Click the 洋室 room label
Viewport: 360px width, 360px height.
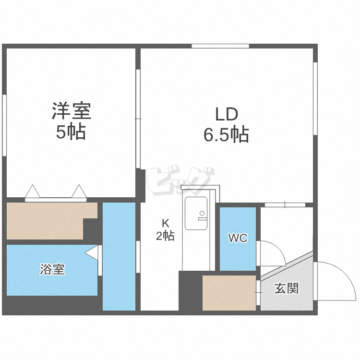(x=72, y=111)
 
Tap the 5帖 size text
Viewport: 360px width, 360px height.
(x=71, y=132)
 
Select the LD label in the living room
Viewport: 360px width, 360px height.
(x=227, y=114)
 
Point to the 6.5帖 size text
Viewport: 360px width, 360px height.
(x=227, y=134)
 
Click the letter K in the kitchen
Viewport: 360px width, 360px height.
(x=165, y=223)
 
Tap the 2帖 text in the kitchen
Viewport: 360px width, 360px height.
(x=165, y=236)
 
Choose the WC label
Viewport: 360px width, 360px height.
(x=238, y=238)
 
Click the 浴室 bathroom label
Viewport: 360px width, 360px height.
(x=53, y=269)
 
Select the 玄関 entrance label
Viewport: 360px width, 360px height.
(x=287, y=288)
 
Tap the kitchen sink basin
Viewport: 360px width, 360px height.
(x=196, y=213)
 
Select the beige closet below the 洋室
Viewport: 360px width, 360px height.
(x=52, y=221)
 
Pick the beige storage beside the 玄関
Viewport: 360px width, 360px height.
(x=229, y=293)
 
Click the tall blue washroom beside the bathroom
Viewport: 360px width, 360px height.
(x=119, y=256)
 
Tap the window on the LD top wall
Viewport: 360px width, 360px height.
(x=220, y=46)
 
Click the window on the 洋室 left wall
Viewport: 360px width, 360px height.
(x=4, y=125)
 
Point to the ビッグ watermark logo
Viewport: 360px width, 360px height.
(x=180, y=180)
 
